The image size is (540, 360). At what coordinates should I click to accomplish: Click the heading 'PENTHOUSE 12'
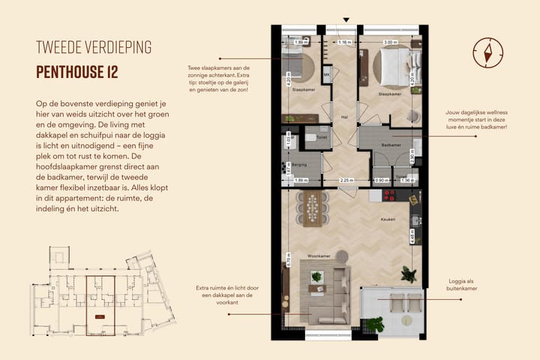point(77,72)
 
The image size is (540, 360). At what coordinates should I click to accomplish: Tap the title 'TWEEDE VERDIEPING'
point(94,47)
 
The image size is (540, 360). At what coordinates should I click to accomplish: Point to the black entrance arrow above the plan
point(346,20)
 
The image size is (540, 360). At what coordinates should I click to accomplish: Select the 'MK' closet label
point(327,75)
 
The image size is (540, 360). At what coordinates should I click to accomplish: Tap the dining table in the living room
point(313,208)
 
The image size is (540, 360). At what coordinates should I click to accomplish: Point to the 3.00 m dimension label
point(390,43)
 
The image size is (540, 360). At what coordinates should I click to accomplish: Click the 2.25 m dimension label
point(346,181)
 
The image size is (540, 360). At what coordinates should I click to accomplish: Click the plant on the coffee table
point(316,277)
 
